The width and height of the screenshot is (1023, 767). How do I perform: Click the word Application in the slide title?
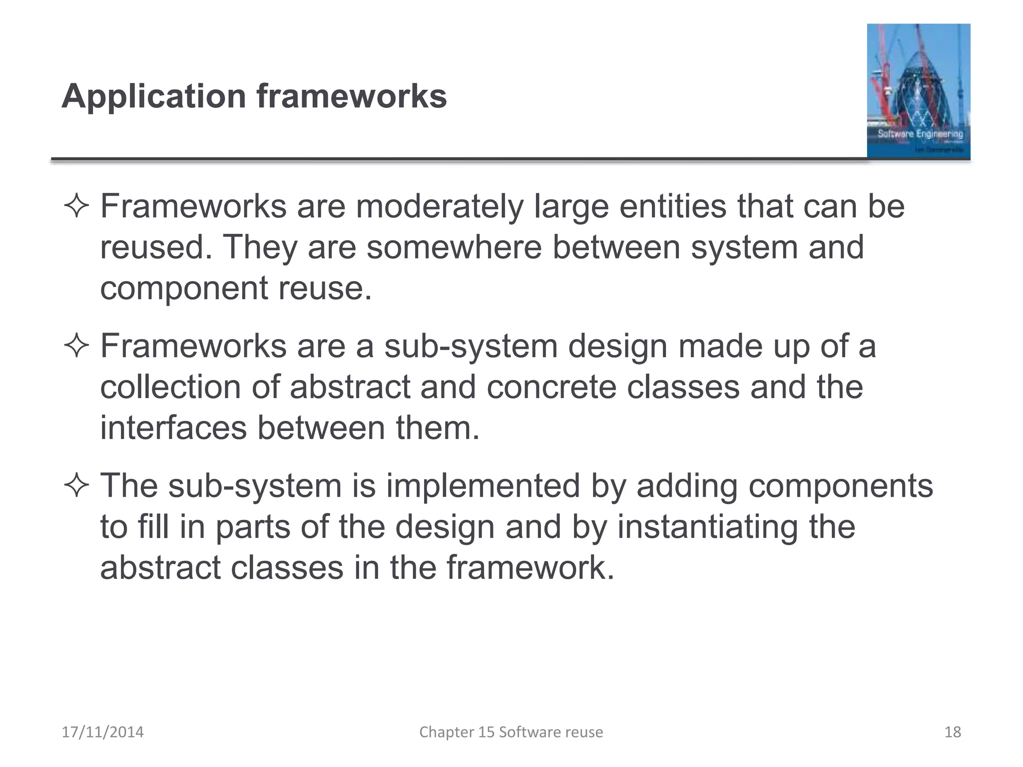(154, 96)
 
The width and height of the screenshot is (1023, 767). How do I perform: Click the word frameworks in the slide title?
(352, 96)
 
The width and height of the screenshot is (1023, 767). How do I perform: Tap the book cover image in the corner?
(918, 91)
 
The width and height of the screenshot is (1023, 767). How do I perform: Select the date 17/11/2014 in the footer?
(102, 732)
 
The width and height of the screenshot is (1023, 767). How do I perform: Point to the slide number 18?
(953, 732)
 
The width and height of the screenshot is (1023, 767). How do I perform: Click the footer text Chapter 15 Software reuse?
(511, 732)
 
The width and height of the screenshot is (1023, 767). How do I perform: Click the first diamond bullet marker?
(76, 207)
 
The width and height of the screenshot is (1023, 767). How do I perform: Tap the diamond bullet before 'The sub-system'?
(76, 486)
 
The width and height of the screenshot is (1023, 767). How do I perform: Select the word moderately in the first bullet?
(439, 207)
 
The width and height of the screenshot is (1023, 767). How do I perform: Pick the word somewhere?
(454, 247)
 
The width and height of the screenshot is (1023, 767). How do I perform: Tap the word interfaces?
(173, 428)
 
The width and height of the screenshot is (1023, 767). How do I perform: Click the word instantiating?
(707, 527)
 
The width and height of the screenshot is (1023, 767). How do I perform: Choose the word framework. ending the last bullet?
(530, 568)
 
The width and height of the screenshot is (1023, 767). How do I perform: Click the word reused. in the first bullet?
(156, 247)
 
